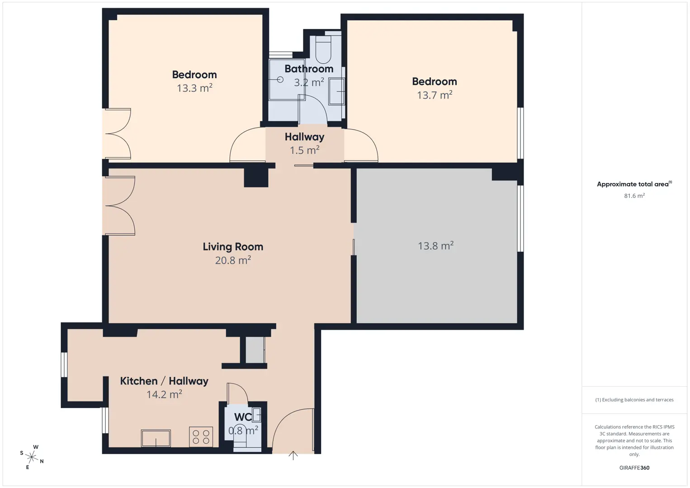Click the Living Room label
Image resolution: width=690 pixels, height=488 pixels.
click(x=233, y=247)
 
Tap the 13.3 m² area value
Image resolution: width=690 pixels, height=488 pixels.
click(x=194, y=88)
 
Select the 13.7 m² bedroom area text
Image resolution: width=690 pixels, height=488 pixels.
click(x=435, y=95)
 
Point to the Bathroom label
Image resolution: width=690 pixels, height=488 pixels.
click(x=309, y=69)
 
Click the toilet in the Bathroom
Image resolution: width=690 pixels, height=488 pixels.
click(x=323, y=49)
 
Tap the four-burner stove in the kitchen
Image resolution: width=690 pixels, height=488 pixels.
click(x=201, y=436)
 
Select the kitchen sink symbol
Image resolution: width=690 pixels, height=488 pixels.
click(x=156, y=438)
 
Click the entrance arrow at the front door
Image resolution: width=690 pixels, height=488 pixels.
click(x=293, y=455)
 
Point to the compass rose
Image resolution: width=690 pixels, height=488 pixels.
click(x=31, y=457)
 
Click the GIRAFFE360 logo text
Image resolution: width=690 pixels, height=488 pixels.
click(x=634, y=468)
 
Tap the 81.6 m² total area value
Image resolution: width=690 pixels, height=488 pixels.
click(x=634, y=196)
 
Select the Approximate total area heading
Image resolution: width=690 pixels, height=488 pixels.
click(x=634, y=184)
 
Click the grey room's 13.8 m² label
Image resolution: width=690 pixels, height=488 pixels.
click(x=435, y=246)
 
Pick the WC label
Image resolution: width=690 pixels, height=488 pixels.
click(x=243, y=417)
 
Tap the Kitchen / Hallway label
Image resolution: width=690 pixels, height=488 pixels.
click(x=164, y=381)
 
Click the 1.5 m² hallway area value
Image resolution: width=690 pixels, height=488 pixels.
click(x=304, y=150)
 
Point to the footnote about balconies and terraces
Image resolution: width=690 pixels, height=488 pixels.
click(x=634, y=399)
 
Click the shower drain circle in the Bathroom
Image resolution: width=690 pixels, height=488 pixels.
click(x=280, y=80)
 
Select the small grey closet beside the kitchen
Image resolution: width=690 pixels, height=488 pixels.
click(x=255, y=350)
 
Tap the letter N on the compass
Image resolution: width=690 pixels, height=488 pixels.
click(x=42, y=461)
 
